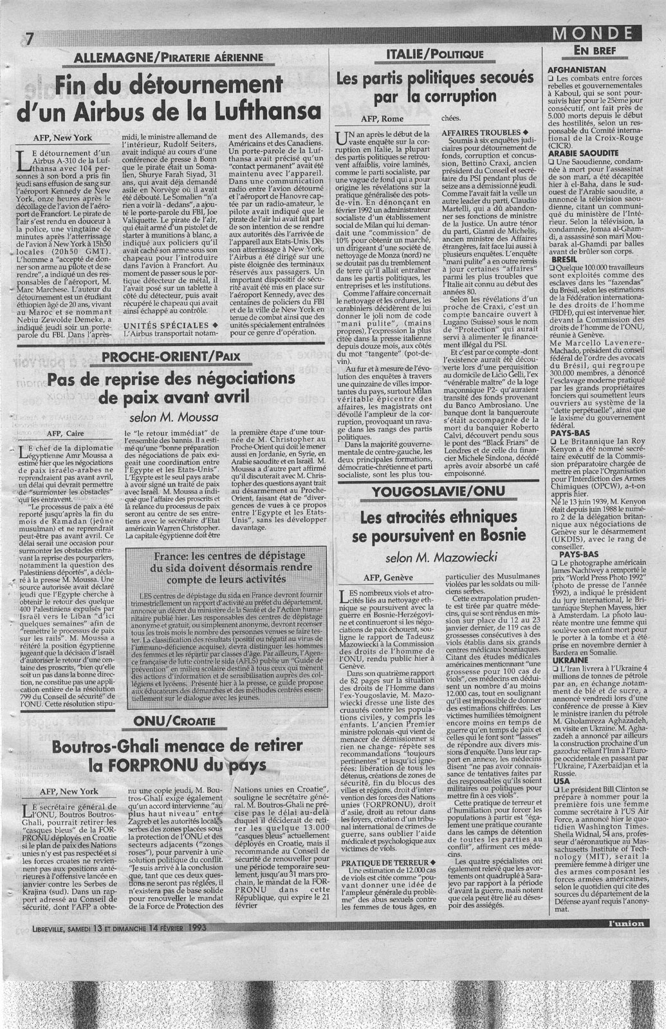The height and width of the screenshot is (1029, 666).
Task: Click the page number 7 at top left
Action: coord(28,38)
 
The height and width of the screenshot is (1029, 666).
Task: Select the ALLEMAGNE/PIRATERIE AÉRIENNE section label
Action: coord(169,57)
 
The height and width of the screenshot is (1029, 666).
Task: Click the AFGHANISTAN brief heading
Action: coord(577,69)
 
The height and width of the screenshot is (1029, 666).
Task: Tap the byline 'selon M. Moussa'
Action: coord(171,417)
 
